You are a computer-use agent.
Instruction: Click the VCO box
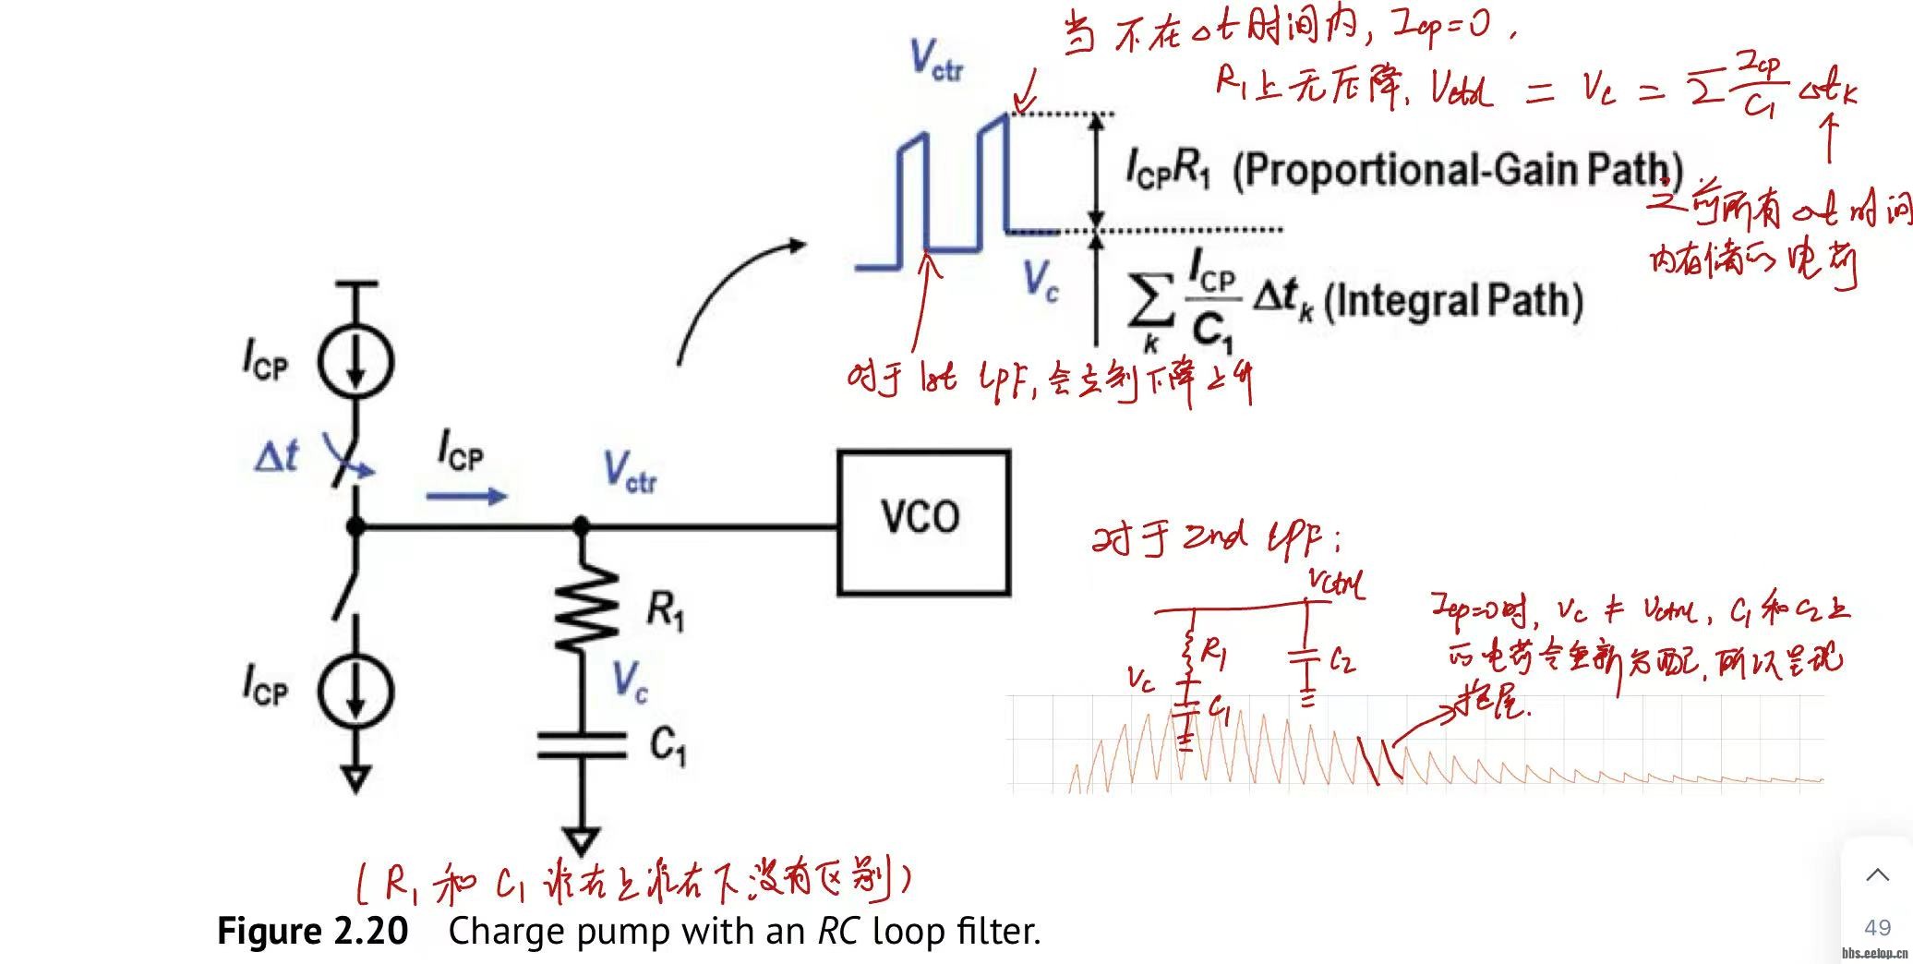923,522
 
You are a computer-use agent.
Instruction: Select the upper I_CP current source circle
355,362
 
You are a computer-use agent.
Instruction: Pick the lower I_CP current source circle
355,690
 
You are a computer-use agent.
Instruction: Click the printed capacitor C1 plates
582,745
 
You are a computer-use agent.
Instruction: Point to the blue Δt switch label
276,456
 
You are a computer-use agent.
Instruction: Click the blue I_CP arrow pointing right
466,497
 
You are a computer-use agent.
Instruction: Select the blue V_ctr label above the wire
631,471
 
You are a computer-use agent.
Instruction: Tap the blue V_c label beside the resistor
631,682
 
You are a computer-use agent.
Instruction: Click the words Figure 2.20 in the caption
312,931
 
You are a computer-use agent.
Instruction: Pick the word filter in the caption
1002,931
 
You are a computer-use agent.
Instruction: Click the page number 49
1877,928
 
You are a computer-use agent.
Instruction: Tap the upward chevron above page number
1877,874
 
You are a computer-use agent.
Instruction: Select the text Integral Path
1454,301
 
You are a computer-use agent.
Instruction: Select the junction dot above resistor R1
582,526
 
